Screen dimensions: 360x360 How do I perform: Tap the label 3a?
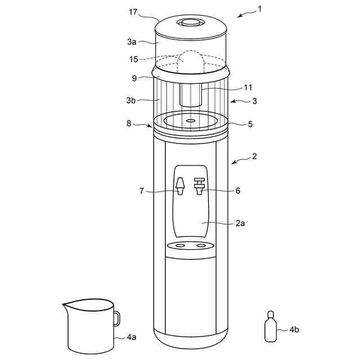tap(132, 42)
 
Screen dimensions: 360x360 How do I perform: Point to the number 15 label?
tap(133, 59)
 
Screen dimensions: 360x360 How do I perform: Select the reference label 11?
tap(248, 87)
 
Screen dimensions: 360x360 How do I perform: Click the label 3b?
tap(132, 100)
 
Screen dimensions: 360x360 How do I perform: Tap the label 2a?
tap(240, 223)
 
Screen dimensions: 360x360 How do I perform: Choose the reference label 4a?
tap(131, 337)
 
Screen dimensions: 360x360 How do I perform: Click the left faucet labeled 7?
tap(180, 187)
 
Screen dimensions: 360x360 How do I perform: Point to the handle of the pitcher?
tap(116, 318)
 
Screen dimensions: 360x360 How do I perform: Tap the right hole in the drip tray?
tap(201, 246)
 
